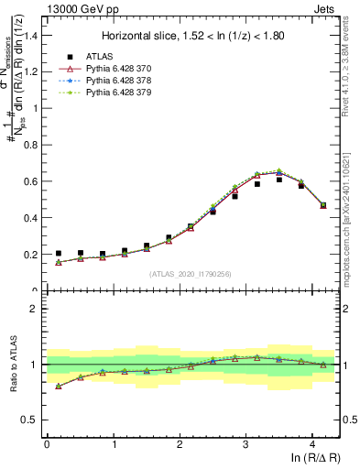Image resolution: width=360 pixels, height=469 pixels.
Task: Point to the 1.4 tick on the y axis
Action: point(29,36)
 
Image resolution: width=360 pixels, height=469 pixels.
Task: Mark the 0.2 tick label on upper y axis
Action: point(29,255)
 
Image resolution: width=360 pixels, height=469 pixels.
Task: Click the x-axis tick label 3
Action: point(245,443)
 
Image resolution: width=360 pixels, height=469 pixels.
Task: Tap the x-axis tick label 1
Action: point(113,443)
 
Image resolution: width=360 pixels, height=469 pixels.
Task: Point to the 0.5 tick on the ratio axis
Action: point(29,420)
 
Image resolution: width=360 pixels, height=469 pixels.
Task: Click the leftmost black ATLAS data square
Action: point(59,254)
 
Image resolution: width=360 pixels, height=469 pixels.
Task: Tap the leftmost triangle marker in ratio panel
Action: point(59,386)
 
